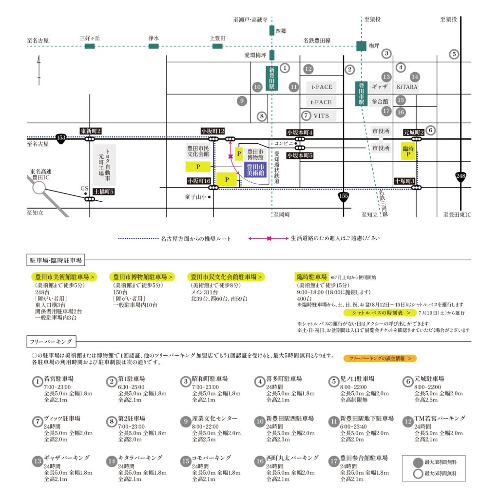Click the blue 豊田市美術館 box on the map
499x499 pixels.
(x=255, y=170)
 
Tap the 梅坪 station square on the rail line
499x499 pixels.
(x=361, y=46)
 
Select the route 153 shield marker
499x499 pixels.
(x=61, y=138)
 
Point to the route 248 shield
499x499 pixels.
(x=461, y=176)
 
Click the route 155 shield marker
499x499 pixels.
(x=344, y=197)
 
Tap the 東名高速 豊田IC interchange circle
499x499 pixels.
(x=39, y=188)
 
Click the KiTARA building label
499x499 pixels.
(x=407, y=87)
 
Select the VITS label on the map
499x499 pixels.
(x=321, y=116)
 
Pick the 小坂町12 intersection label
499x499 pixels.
(x=212, y=131)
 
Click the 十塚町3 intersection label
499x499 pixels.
(x=404, y=181)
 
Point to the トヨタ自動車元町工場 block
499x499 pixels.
(x=104, y=165)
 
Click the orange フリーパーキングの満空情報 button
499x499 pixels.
(x=380, y=358)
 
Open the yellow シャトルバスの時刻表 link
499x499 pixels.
(x=380, y=313)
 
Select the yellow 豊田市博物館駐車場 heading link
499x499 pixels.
(x=142, y=277)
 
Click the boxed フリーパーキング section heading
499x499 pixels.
(x=51, y=342)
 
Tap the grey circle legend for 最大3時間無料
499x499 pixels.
(x=418, y=462)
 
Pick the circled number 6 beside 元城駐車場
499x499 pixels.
(x=408, y=382)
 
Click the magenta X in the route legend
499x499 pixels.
(x=269, y=238)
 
